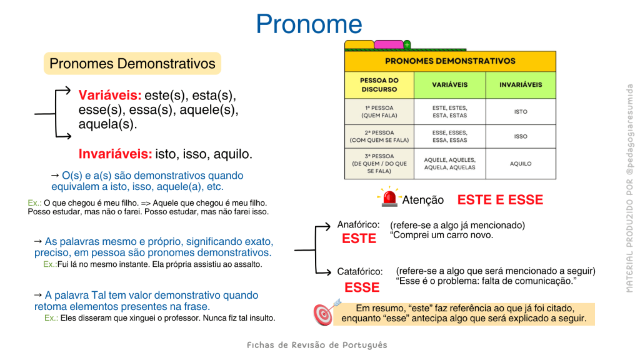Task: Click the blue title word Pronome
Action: click(x=309, y=24)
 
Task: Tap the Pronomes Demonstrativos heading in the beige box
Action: click(x=132, y=63)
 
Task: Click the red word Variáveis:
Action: click(x=110, y=95)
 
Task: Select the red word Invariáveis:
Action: click(x=115, y=154)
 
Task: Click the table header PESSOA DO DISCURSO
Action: click(x=379, y=85)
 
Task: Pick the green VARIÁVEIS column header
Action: click(x=450, y=85)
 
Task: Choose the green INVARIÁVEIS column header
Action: click(x=521, y=85)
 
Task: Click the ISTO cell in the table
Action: click(x=521, y=111)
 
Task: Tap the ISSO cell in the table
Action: click(x=521, y=136)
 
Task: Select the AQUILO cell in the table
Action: click(x=521, y=164)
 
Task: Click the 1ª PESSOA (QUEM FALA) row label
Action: click(x=379, y=112)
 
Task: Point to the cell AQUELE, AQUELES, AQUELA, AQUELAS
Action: click(x=450, y=164)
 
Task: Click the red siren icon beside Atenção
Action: click(x=389, y=197)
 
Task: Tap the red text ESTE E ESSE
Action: click(x=500, y=199)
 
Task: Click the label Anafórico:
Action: click(x=358, y=224)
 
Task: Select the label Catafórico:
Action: click(x=360, y=271)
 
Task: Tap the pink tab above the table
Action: click(x=389, y=44)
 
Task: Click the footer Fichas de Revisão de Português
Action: click(x=317, y=345)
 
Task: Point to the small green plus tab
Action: click(x=407, y=44)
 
